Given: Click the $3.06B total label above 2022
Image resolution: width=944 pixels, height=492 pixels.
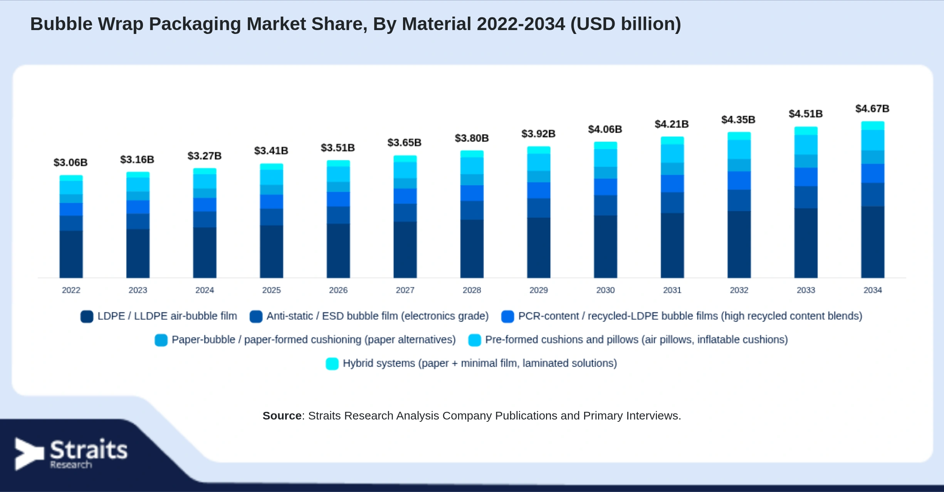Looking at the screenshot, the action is click(x=71, y=162).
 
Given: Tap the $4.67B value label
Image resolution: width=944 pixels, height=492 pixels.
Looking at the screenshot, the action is click(x=872, y=108).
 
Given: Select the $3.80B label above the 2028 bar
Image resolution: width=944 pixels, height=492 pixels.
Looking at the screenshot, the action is click(x=472, y=138).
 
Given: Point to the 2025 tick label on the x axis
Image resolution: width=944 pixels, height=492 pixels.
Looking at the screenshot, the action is click(x=271, y=290).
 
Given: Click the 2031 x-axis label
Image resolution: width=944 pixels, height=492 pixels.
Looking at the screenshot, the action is click(x=672, y=290).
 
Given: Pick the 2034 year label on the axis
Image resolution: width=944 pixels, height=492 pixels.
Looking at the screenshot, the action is click(x=872, y=290).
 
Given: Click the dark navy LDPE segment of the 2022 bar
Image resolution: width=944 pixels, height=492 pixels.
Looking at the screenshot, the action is click(x=71, y=254).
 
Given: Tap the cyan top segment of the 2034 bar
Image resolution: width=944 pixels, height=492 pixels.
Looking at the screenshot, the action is click(x=873, y=126).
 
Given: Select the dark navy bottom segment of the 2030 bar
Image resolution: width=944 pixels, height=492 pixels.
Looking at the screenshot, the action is click(x=605, y=246).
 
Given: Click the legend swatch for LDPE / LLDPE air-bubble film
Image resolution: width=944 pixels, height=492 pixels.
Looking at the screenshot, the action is click(x=87, y=317).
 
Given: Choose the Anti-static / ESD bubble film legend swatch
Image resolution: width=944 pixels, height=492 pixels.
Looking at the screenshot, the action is click(x=256, y=317).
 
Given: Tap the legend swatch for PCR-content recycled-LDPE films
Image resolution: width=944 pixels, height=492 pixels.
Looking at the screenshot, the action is click(x=507, y=317).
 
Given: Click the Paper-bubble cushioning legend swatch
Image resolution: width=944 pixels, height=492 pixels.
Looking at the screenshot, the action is click(x=161, y=340).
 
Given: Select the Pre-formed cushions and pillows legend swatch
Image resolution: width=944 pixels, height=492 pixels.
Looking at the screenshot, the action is click(x=474, y=340).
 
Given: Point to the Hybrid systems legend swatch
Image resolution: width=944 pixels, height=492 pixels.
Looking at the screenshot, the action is click(x=332, y=364).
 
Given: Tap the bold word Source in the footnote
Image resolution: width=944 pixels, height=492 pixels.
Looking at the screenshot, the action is click(x=282, y=416).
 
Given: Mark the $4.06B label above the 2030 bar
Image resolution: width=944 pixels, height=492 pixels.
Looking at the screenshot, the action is click(x=605, y=129).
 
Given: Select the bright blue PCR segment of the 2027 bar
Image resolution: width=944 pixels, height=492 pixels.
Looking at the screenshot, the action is click(x=405, y=196).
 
